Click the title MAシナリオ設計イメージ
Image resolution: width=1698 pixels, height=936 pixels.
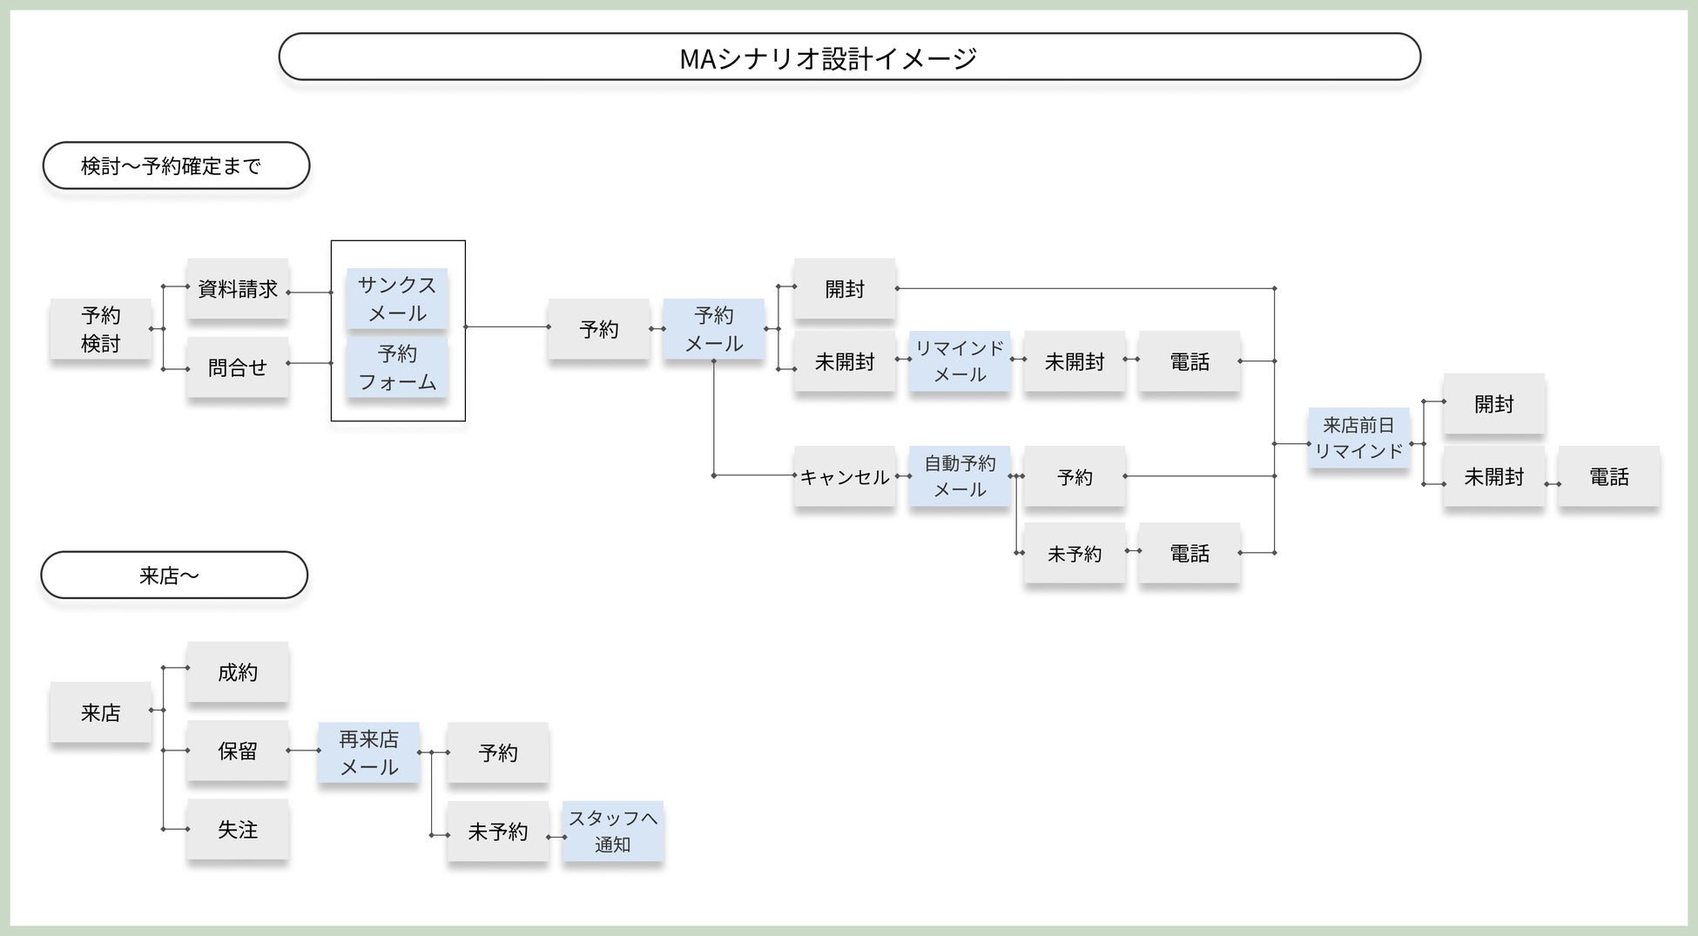(828, 58)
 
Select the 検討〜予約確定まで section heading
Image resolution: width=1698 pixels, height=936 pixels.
(176, 165)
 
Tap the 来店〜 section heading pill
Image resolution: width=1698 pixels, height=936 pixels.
(174, 575)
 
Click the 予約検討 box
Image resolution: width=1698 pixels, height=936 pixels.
(101, 329)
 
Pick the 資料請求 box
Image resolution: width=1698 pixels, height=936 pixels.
(238, 289)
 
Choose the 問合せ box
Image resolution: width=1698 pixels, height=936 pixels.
(238, 367)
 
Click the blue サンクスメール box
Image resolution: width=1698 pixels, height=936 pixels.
(397, 299)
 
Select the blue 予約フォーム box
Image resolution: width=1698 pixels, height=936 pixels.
(397, 367)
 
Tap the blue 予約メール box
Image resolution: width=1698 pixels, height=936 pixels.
(714, 329)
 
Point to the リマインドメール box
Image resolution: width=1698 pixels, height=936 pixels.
(960, 360)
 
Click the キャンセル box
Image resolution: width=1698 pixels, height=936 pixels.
(845, 476)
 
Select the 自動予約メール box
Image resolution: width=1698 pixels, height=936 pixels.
(960, 476)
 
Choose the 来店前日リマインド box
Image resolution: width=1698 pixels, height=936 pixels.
(1358, 438)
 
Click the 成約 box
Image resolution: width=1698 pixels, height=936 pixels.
(238, 672)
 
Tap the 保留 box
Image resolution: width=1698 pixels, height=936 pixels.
(238, 751)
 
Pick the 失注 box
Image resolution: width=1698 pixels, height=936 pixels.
(238, 830)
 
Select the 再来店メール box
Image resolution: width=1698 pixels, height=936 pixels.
(368, 752)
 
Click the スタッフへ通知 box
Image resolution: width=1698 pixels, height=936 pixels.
(613, 832)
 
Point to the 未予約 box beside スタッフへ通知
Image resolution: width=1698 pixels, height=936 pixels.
(498, 832)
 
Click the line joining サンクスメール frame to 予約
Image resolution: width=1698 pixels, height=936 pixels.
(508, 327)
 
